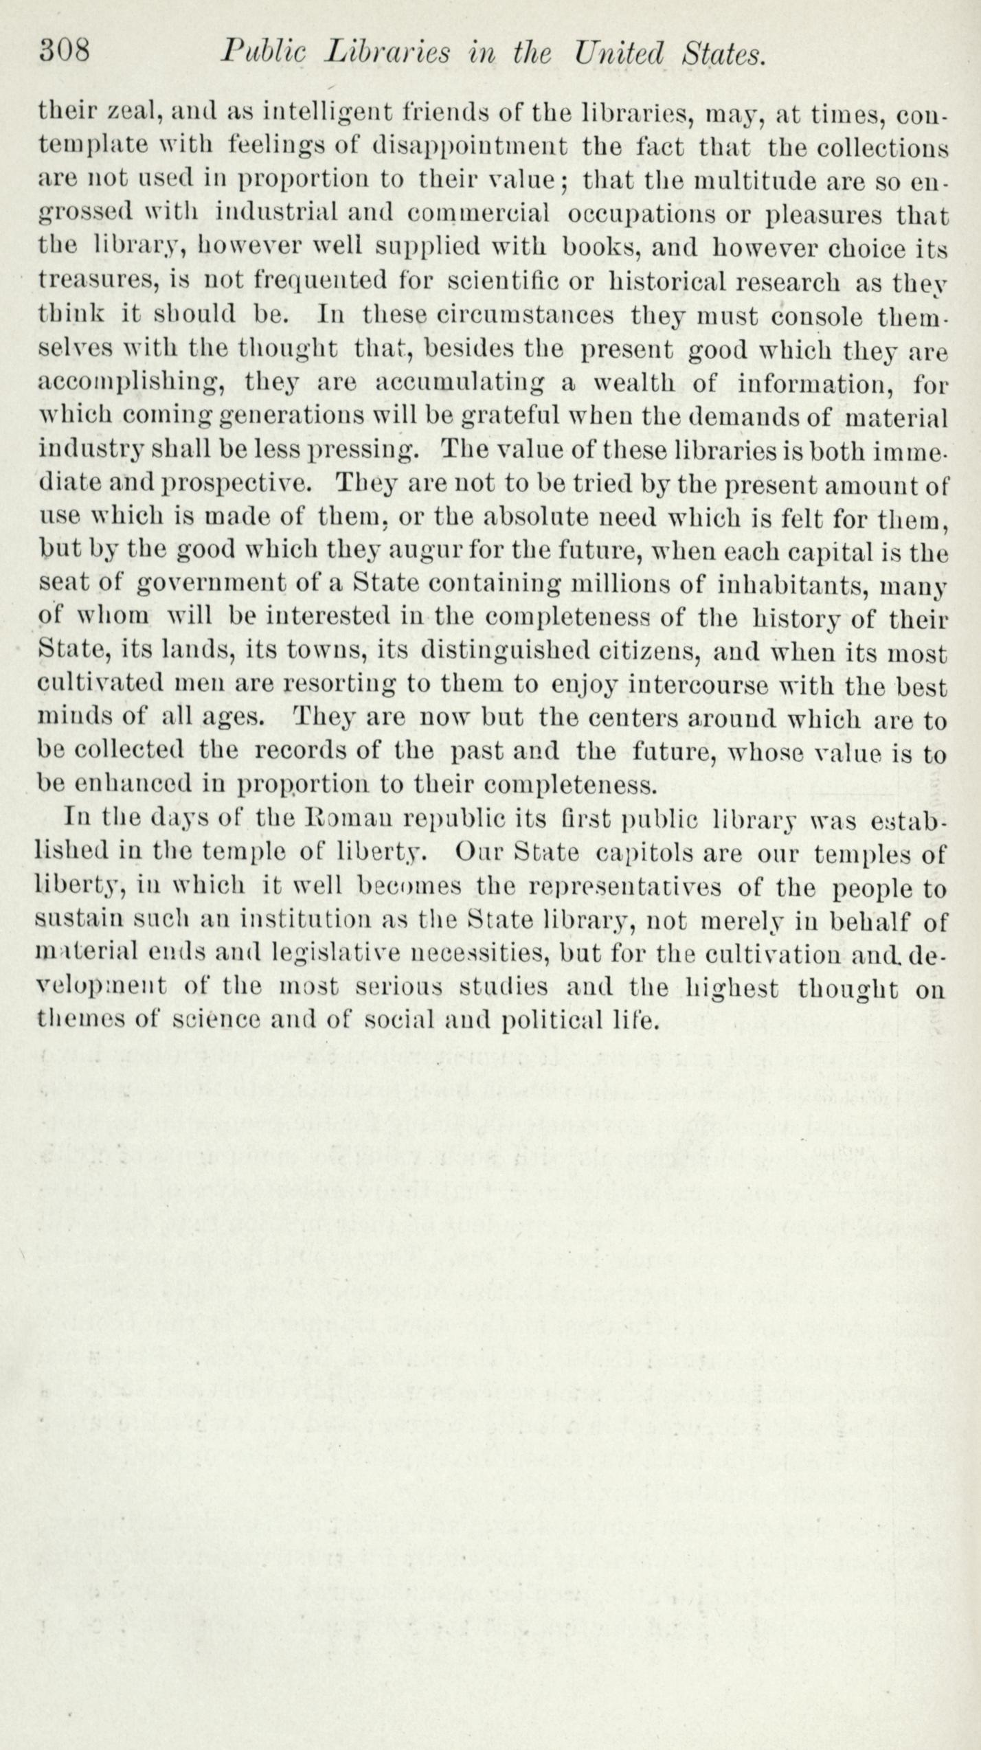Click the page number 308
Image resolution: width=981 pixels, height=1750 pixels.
pos(65,52)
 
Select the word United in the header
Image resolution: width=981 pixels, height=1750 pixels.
pos(620,53)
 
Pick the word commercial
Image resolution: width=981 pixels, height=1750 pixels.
pos(478,214)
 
